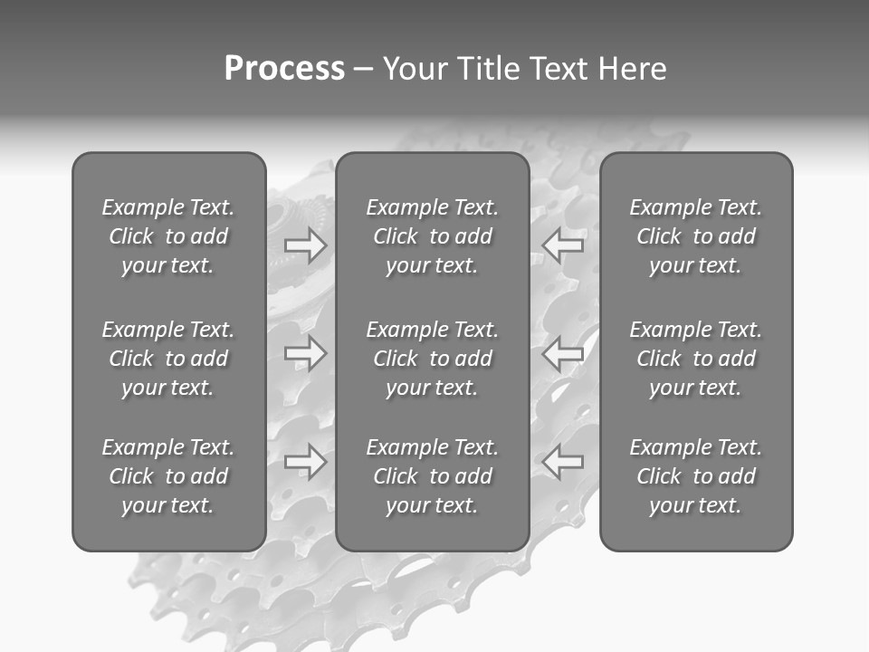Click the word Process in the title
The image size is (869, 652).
(x=284, y=69)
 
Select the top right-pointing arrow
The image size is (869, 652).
(x=306, y=245)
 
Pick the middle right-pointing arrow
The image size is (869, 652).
(x=306, y=353)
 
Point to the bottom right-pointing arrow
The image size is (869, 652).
(x=306, y=462)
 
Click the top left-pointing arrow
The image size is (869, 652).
(x=563, y=245)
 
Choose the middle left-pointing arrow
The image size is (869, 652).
(x=563, y=353)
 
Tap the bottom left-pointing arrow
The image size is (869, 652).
(x=563, y=462)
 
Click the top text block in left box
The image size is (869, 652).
(x=168, y=236)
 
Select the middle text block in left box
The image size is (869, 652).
(x=168, y=359)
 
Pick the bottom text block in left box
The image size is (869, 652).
(x=168, y=476)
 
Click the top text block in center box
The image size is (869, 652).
(x=433, y=236)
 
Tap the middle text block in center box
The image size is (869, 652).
(x=433, y=359)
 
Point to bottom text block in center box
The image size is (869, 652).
(x=433, y=476)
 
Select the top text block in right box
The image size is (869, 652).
(x=696, y=236)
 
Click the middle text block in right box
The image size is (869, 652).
(x=696, y=359)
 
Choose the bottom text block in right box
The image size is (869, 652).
(x=696, y=476)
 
